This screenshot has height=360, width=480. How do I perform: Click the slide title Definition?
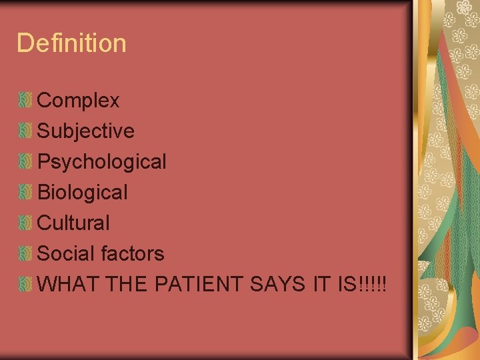(x=71, y=43)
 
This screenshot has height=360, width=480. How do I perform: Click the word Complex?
(x=78, y=101)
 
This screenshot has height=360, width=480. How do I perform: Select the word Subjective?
(x=85, y=131)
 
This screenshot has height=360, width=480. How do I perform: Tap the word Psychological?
(x=101, y=162)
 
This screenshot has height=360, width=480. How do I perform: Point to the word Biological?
(x=82, y=193)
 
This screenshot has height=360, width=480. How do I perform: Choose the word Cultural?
(x=73, y=223)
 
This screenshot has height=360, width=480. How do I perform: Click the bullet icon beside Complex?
(x=25, y=101)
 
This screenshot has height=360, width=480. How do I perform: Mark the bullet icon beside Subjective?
(x=25, y=131)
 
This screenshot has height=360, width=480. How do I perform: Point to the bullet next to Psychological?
(x=25, y=162)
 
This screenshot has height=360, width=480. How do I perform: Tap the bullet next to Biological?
(x=25, y=193)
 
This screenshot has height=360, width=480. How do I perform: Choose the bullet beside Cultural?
(x=25, y=223)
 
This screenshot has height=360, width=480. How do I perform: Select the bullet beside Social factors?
(x=25, y=253)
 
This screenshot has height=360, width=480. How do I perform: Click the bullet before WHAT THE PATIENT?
(x=25, y=284)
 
